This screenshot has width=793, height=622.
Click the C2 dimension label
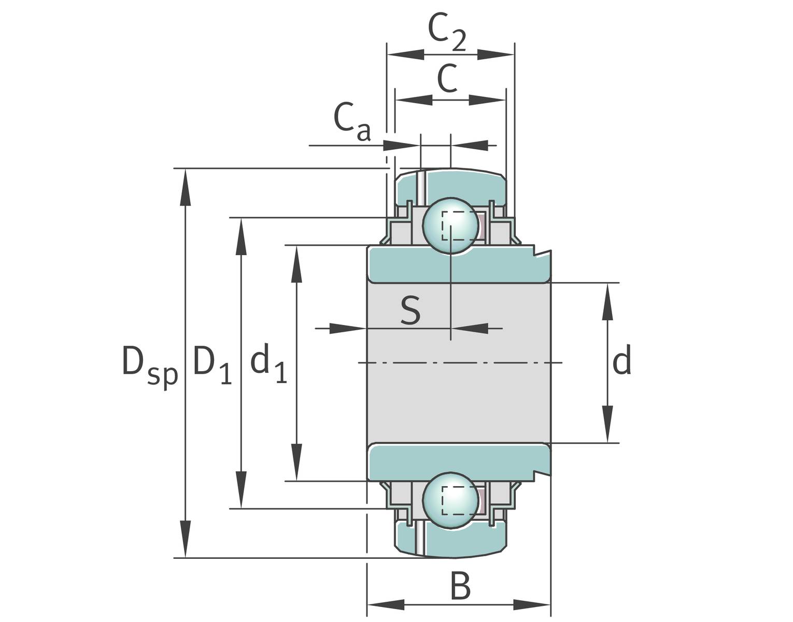(447, 33)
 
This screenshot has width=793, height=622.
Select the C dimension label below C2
(447, 78)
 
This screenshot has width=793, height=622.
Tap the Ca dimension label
(352, 123)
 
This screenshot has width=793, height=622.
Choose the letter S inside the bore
(410, 311)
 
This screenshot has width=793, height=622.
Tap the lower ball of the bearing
(450, 499)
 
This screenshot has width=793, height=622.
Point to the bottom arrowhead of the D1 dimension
(240, 490)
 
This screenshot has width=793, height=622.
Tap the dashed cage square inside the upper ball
(459, 226)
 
